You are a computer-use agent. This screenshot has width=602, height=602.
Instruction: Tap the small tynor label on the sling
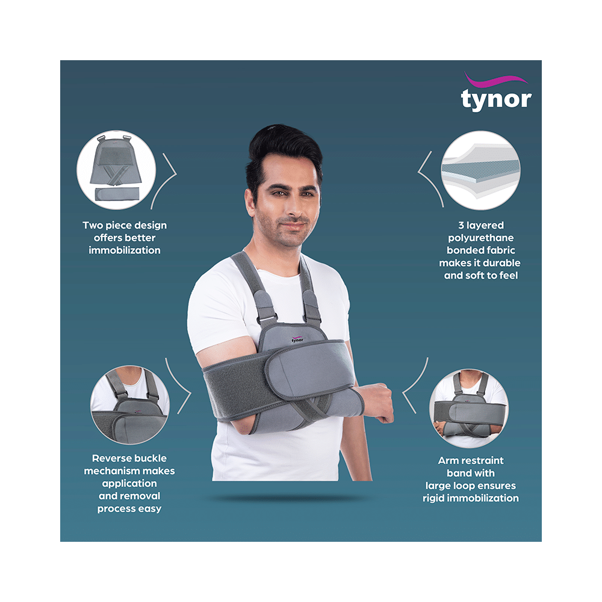[297, 340]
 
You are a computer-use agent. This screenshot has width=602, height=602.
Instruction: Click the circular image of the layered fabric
[481, 170]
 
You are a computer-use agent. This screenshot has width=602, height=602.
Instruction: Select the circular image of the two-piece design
[116, 170]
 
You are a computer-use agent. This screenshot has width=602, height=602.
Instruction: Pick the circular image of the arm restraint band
[469, 409]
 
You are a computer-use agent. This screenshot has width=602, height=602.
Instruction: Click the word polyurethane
[480, 237]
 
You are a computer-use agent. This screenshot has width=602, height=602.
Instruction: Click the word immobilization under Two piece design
[125, 250]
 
